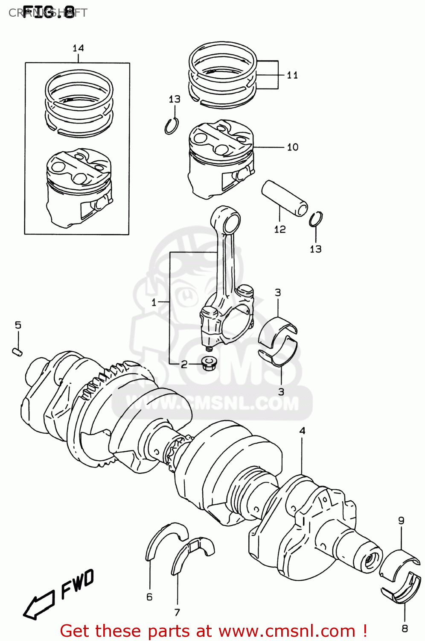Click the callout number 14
coord(78,48)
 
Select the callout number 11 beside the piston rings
coord(292,75)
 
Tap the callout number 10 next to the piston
coord(292,147)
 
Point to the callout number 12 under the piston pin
coord(279,229)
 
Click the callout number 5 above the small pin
coord(18,325)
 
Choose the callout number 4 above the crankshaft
coord(302,431)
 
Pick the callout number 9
coord(401,520)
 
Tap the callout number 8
coord(405,628)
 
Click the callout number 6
coord(149,597)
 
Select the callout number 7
coord(177,612)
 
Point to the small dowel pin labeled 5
coord(17,352)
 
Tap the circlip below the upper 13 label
coord(172,126)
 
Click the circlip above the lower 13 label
coord(316,219)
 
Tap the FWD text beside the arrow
coord(77,585)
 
